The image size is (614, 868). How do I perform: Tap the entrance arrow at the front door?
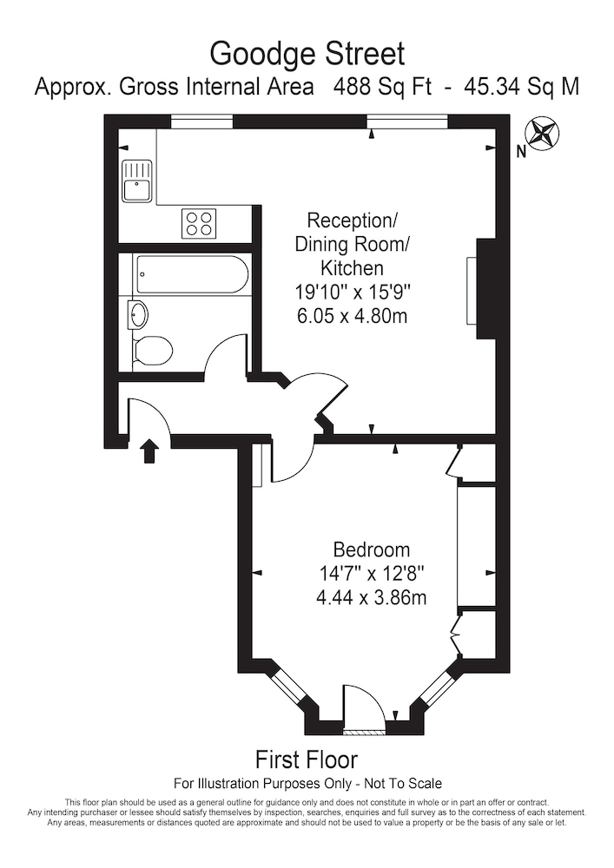(x=149, y=451)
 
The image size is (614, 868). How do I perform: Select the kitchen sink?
(x=136, y=181)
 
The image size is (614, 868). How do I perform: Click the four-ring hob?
(x=199, y=224)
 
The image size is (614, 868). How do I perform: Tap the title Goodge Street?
(x=307, y=55)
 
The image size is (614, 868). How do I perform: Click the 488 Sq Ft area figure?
(x=382, y=87)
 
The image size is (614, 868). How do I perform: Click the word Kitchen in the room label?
(x=352, y=268)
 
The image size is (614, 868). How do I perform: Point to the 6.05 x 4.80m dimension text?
(x=352, y=316)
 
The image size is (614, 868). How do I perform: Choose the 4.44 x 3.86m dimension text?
(x=371, y=598)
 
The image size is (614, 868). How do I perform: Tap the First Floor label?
(x=307, y=759)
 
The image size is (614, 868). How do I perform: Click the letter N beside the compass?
(x=520, y=152)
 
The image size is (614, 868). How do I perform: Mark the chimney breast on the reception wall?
(x=485, y=288)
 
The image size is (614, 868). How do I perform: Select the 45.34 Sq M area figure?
(x=522, y=87)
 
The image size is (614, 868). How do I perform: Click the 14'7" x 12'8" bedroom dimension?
(x=371, y=574)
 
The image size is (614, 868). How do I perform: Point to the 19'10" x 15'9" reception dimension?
(x=352, y=292)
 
